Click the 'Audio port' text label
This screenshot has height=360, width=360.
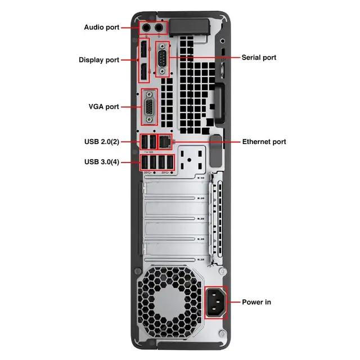[x=101, y=27]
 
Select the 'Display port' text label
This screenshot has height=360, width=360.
[x=98, y=60]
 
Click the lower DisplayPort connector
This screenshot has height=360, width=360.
[x=144, y=71]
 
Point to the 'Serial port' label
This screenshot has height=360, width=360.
[x=259, y=57]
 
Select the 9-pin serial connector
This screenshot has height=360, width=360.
[x=162, y=58]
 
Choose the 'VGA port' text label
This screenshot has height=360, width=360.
[x=103, y=106]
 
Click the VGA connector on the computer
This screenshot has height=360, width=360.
[x=148, y=107]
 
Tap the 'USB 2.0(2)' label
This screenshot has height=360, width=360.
[x=101, y=142]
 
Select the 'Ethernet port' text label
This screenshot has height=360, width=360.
[x=264, y=142]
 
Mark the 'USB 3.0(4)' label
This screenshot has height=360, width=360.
[x=101, y=162]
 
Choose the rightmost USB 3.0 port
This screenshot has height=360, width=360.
[x=170, y=162]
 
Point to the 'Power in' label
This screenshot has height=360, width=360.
[x=256, y=302]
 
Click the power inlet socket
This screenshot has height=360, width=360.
[x=216, y=302]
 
